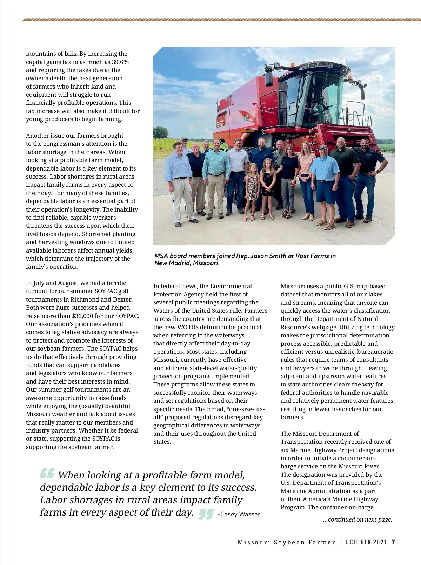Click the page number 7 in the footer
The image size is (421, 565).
tap(393, 542)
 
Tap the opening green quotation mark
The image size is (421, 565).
tap(47, 473)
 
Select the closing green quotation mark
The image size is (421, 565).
tap(206, 514)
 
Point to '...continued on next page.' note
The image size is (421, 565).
tap(357, 519)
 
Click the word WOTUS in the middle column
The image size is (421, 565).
tap(189, 327)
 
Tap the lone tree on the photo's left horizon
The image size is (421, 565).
tap(160, 132)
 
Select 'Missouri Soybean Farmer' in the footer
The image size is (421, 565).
tap(286, 542)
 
